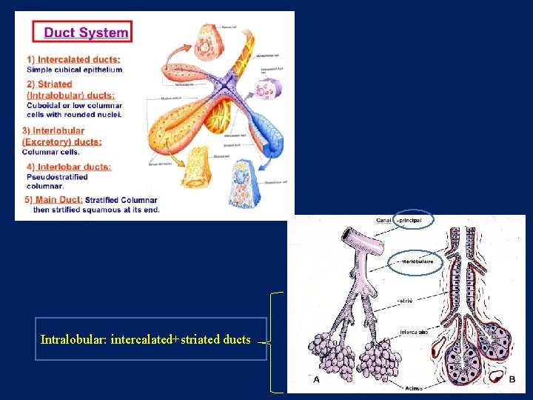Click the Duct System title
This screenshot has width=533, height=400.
(86, 32)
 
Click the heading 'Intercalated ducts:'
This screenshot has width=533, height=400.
(78, 59)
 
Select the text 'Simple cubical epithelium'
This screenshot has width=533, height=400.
(75, 70)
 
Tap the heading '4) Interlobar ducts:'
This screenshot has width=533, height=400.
(69, 167)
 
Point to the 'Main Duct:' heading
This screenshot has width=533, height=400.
(58, 199)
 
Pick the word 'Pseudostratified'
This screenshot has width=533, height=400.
(58, 177)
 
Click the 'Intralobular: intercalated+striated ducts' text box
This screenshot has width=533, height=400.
(150, 340)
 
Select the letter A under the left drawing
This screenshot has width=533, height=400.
(317, 379)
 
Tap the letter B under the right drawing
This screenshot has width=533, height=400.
(512, 379)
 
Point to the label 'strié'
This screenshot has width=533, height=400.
(406, 301)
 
